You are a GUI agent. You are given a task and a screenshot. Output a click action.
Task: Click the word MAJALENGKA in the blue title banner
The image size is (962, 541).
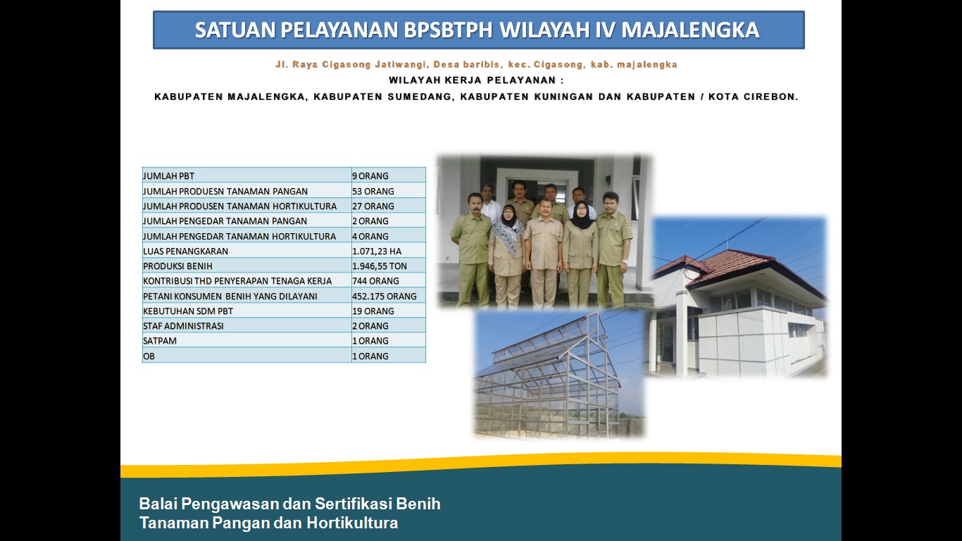[x=690, y=30]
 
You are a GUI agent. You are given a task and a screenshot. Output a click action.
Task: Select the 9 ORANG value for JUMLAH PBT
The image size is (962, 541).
[x=370, y=175]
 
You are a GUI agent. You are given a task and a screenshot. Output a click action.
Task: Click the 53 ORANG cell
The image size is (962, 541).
[x=373, y=191]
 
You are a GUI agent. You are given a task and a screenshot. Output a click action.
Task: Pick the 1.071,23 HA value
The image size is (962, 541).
[x=377, y=251]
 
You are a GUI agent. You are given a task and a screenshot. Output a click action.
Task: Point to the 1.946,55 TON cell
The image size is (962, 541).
[x=380, y=266]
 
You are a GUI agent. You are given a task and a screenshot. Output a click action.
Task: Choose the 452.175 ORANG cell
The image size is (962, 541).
[x=385, y=296]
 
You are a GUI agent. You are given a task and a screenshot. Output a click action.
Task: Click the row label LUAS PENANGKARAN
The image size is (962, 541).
[x=185, y=251]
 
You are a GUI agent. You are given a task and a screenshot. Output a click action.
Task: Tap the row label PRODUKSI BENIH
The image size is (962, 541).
[x=177, y=266]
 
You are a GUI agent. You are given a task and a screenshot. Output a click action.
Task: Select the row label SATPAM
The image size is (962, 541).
[x=160, y=341]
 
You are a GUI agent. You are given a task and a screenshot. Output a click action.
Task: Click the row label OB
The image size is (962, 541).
[x=149, y=356]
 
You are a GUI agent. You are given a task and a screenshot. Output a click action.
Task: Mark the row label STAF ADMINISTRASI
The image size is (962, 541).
[x=183, y=325]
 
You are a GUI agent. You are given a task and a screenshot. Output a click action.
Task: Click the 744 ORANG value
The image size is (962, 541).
[x=376, y=281]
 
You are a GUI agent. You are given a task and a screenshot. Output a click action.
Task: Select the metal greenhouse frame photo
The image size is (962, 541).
[x=558, y=374]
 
